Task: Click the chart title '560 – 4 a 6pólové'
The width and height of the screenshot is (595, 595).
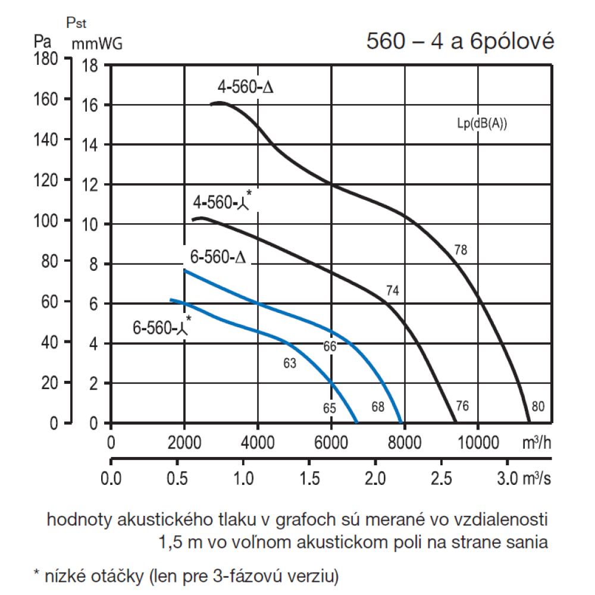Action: (460, 42)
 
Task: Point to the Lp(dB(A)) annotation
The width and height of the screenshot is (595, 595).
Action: (482, 125)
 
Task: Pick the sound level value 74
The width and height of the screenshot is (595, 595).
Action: (392, 291)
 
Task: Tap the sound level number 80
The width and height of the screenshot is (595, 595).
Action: (538, 407)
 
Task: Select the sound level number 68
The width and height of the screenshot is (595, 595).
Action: (377, 408)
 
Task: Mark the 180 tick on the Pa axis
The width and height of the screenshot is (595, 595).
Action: (45, 59)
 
